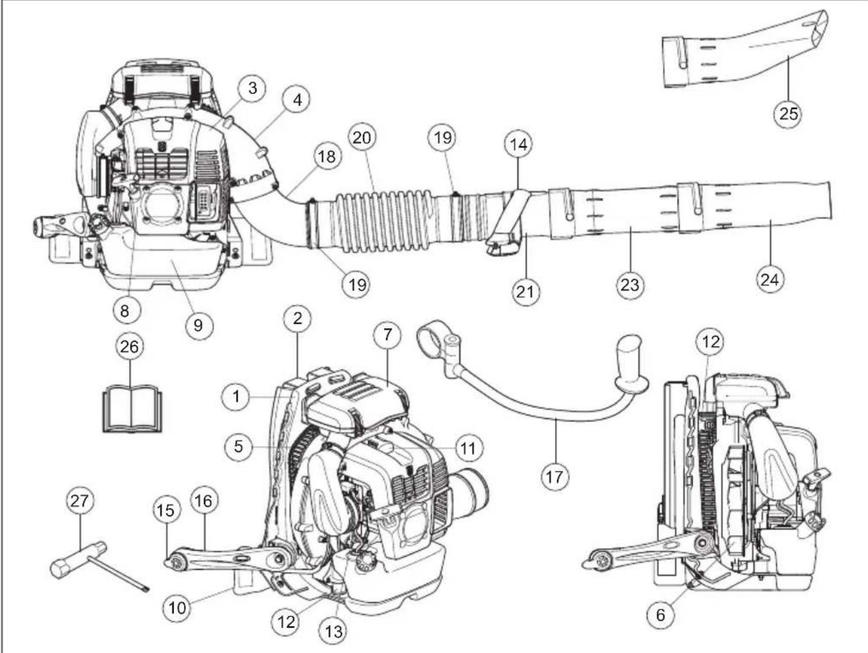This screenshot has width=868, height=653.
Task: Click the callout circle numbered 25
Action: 788,113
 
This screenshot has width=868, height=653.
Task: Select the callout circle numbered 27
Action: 81,501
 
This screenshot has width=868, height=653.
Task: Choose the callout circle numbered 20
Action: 363,138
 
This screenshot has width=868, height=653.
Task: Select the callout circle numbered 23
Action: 630,284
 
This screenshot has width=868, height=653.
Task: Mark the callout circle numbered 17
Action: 555,476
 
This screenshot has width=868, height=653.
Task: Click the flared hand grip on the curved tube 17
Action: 631,362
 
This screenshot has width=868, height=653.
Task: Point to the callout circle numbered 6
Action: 660,615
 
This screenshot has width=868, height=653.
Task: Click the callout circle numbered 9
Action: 198,325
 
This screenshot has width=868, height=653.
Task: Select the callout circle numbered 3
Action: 253,88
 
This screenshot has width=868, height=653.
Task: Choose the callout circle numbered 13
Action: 333,631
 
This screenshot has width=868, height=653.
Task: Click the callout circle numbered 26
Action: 130,346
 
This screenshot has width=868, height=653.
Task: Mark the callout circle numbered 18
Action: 327,157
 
